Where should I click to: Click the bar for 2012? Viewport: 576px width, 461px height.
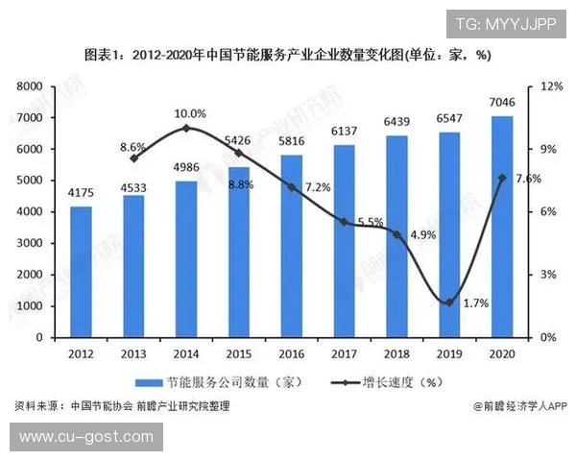coord(81,272)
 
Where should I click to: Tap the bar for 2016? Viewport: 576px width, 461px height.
coord(292,246)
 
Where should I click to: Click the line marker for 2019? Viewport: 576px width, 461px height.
coord(449,303)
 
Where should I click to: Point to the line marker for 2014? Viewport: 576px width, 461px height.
coord(186,128)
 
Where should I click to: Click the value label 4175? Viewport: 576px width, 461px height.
coord(81,193)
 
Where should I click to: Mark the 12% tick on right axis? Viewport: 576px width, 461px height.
coord(551,86)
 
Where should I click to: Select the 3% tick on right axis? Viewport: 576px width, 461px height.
coord(549,275)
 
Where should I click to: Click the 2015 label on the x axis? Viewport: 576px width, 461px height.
coord(239,353)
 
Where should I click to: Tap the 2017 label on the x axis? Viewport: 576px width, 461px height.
coord(345,353)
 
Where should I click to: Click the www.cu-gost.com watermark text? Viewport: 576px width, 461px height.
coord(85,437)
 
